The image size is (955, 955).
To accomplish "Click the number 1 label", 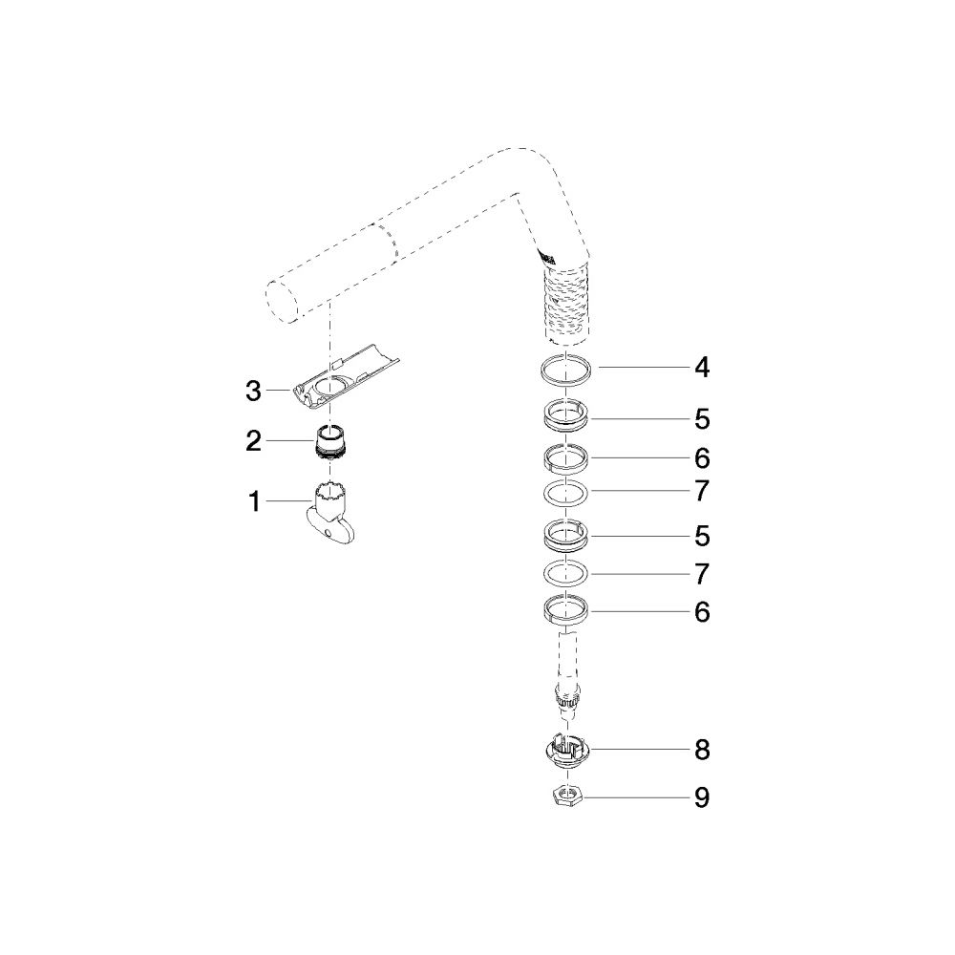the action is coord(255,502).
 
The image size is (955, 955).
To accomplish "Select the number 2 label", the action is coord(253,441).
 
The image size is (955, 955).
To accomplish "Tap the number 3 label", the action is coord(253,391).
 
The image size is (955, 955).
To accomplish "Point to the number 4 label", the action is coord(702,368).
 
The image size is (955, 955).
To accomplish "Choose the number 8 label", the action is coord(702,750).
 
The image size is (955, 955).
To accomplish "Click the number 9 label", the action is coord(702,797).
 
